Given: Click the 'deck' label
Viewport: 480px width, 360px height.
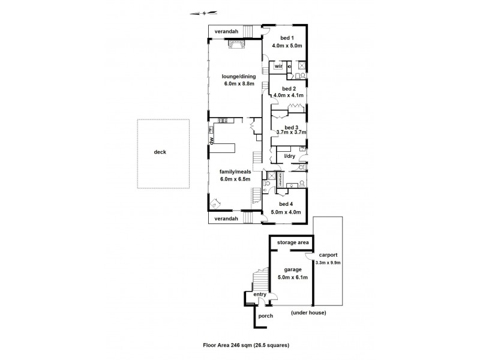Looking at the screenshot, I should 160,152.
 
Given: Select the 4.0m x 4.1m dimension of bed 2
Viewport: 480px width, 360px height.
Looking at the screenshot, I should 289,95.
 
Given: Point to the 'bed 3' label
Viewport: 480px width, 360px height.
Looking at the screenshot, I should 291,127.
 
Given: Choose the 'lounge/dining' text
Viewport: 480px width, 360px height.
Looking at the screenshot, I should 238,76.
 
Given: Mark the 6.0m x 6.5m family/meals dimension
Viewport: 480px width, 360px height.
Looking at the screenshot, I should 235,179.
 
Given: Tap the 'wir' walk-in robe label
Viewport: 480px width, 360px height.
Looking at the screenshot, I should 278,66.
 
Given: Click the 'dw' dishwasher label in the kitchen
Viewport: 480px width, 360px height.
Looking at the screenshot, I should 212,141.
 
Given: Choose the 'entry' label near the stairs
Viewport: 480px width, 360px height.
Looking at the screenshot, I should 259,295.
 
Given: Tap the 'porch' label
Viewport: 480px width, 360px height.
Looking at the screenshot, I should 265,316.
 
